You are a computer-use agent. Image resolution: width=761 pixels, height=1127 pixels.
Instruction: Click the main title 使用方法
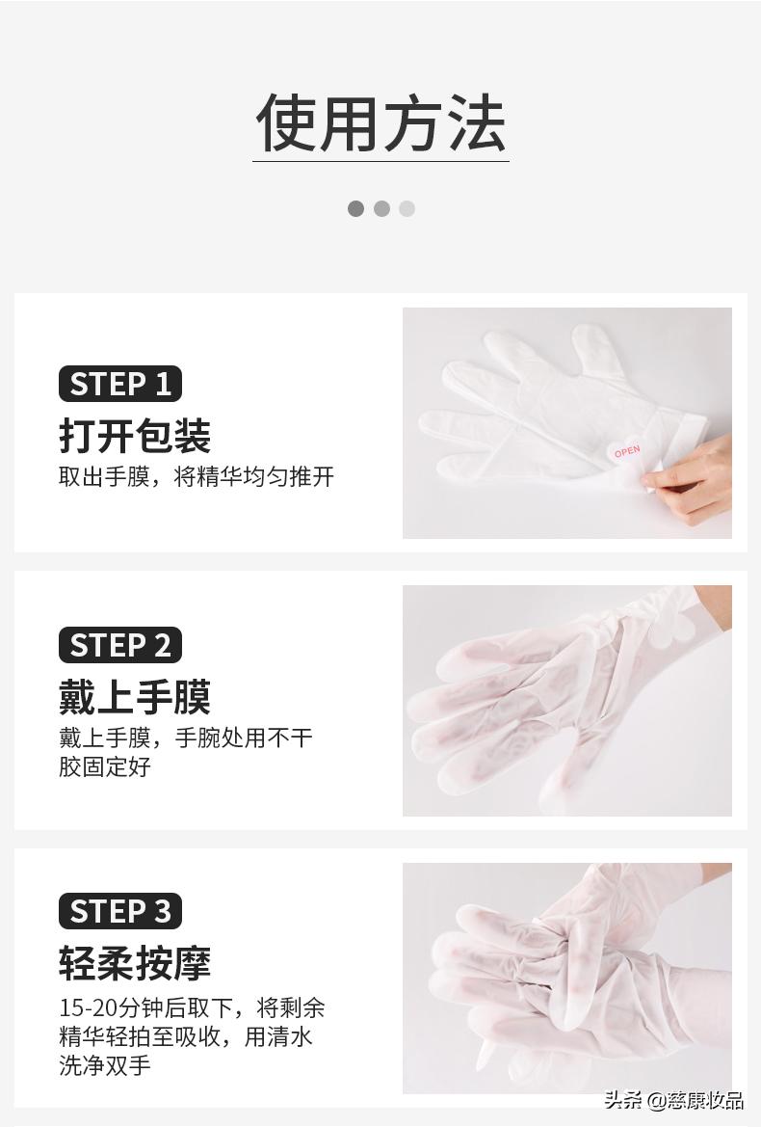coord(380,123)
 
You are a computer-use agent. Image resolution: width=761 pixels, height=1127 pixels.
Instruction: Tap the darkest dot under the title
coord(355,208)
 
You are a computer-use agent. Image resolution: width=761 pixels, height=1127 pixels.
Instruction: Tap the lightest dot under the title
coord(407,208)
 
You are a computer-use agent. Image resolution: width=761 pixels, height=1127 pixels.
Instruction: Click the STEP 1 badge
coord(120,384)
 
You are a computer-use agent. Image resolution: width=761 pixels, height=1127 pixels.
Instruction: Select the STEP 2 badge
coord(120,645)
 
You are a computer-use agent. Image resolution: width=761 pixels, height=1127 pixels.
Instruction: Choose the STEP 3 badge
coord(120,911)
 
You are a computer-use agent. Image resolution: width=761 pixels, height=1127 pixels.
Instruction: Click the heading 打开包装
coord(135,436)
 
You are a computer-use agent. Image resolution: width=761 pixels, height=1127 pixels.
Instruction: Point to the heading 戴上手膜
coord(135,697)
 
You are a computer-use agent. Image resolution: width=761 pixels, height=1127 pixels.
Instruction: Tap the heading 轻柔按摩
coord(135,962)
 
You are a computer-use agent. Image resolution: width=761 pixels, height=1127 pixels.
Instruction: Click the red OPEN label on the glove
coord(626,451)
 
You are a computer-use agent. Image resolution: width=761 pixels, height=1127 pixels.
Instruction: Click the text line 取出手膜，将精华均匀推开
coord(197,477)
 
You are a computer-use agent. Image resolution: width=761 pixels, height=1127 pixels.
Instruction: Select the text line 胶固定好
coord(105,767)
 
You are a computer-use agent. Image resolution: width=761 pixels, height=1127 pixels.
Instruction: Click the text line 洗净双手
coord(105,1066)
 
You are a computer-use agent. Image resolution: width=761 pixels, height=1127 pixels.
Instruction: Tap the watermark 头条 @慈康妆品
coord(673,1101)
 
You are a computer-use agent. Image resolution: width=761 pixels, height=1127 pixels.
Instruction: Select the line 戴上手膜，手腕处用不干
coord(186,738)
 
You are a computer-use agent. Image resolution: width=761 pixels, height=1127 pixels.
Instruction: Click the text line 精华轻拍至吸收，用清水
coord(186,1037)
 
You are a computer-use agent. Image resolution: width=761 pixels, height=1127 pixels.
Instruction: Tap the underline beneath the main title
coord(380,161)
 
